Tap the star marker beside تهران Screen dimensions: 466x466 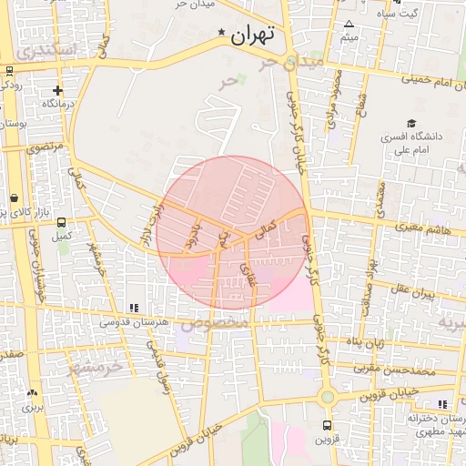[222, 34]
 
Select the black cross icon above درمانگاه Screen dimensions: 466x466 [58, 90]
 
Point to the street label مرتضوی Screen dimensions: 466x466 [45, 147]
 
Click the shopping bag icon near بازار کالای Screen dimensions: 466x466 [14, 198]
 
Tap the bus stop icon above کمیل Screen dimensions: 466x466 [61, 221]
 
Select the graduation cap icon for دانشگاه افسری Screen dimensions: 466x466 [411, 122]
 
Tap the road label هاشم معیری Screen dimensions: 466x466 [418, 230]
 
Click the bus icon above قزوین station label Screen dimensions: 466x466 [328, 425]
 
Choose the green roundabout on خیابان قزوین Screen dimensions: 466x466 [328, 396]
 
